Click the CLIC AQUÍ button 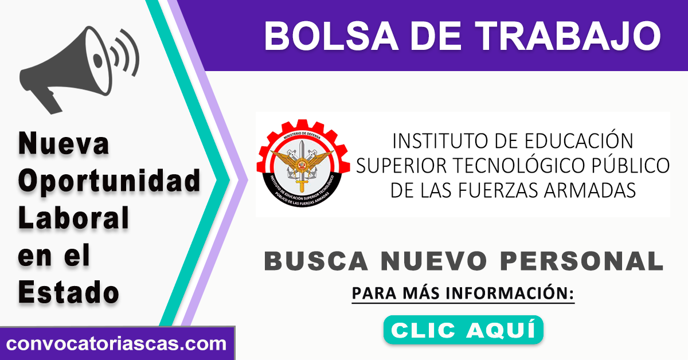(463, 330)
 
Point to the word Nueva (64, 144)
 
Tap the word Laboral (73, 218)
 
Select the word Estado (68, 292)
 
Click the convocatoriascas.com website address (116, 344)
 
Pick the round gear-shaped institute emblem (303, 163)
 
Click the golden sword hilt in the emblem (302, 185)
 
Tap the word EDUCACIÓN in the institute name (579, 140)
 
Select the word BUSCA (316, 261)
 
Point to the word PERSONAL (582, 261)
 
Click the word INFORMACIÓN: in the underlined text (510, 293)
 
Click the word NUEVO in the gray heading (434, 261)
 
